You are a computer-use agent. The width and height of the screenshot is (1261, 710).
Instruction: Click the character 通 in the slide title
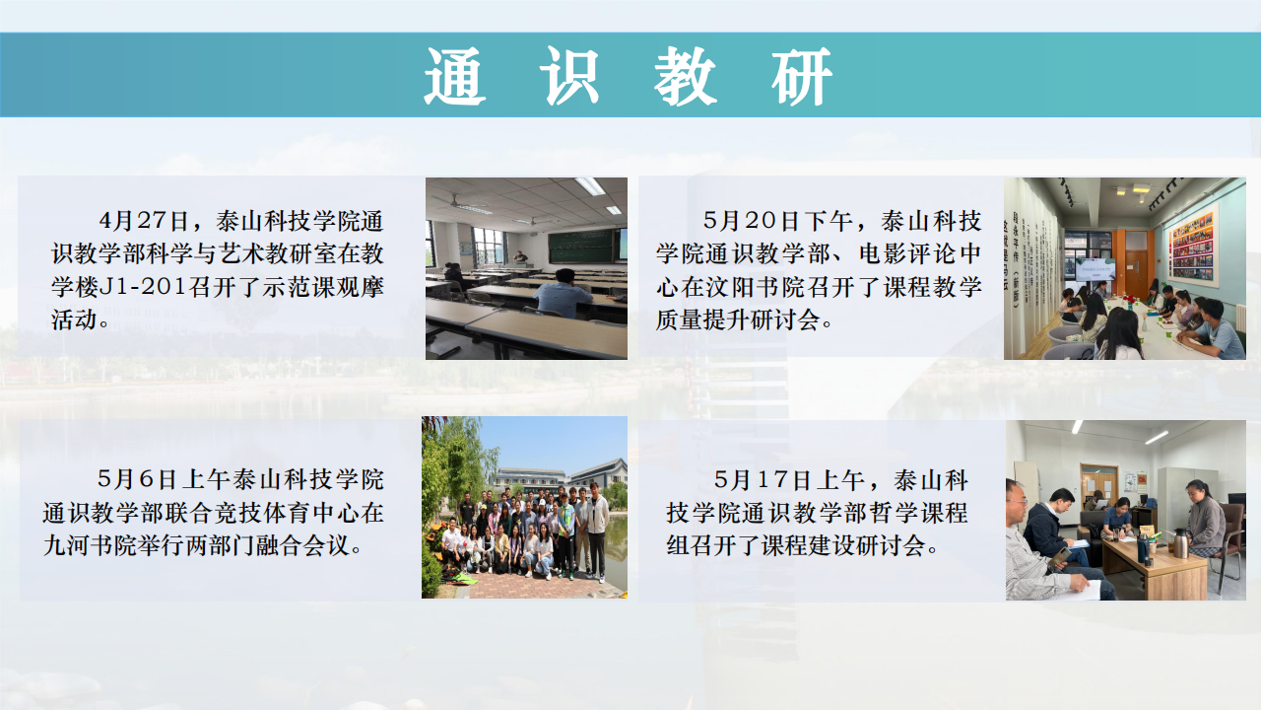455,76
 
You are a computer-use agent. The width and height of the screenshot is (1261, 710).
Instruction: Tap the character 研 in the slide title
803,76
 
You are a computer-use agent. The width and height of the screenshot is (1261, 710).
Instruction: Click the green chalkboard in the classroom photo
580,246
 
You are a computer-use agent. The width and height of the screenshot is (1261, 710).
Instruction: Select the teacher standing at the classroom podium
520,257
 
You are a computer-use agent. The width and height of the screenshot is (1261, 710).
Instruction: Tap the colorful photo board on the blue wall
1192,244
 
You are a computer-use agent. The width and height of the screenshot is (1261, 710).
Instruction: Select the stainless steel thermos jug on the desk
1179,542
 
